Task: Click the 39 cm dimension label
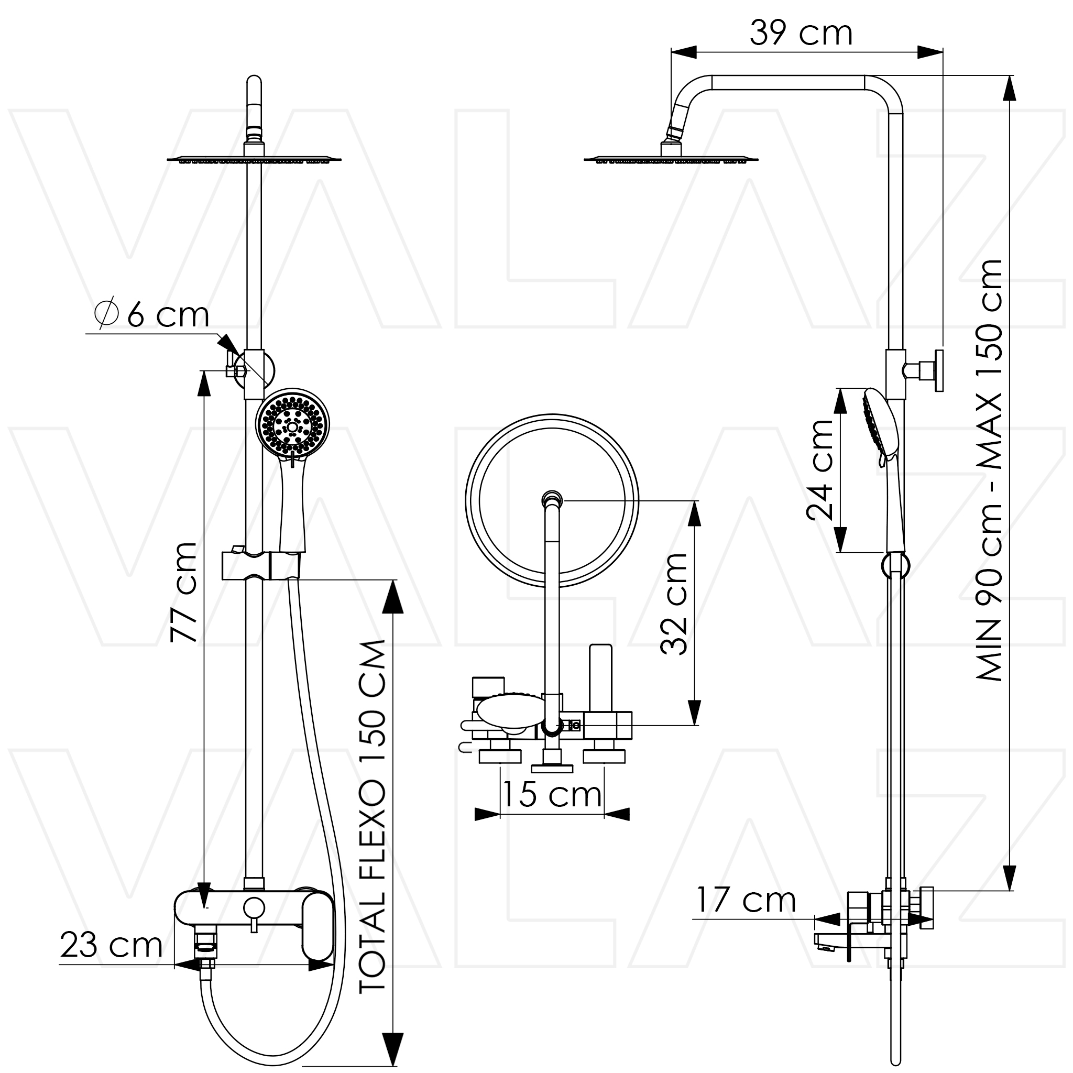(801, 34)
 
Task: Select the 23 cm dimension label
(111, 945)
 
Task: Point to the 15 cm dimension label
(552, 794)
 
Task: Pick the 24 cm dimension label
(820, 470)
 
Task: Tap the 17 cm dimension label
(746, 900)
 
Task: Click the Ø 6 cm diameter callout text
(151, 315)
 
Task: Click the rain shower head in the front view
(254, 159)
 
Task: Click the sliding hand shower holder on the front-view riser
(261, 565)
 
